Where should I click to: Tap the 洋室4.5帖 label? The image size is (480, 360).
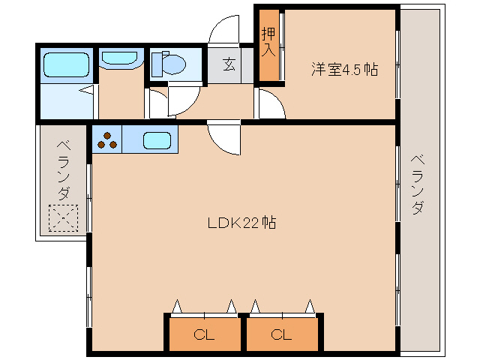pos(344,70)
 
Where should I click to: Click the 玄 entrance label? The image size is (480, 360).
pos(228,65)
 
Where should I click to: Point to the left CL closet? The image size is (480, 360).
pos(203,334)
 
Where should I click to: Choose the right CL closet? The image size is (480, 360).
pos(281,334)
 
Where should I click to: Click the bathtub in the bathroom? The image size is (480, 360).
pos(67,64)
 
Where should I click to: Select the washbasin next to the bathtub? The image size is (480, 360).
pos(119,58)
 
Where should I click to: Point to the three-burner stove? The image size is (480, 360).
pos(107,140)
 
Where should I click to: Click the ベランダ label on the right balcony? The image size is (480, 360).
pos(418,184)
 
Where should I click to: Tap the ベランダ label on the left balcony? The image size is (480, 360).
pos(63,169)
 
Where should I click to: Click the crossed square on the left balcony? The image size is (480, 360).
pos(63,219)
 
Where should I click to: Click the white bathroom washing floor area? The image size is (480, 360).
pos(66,101)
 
